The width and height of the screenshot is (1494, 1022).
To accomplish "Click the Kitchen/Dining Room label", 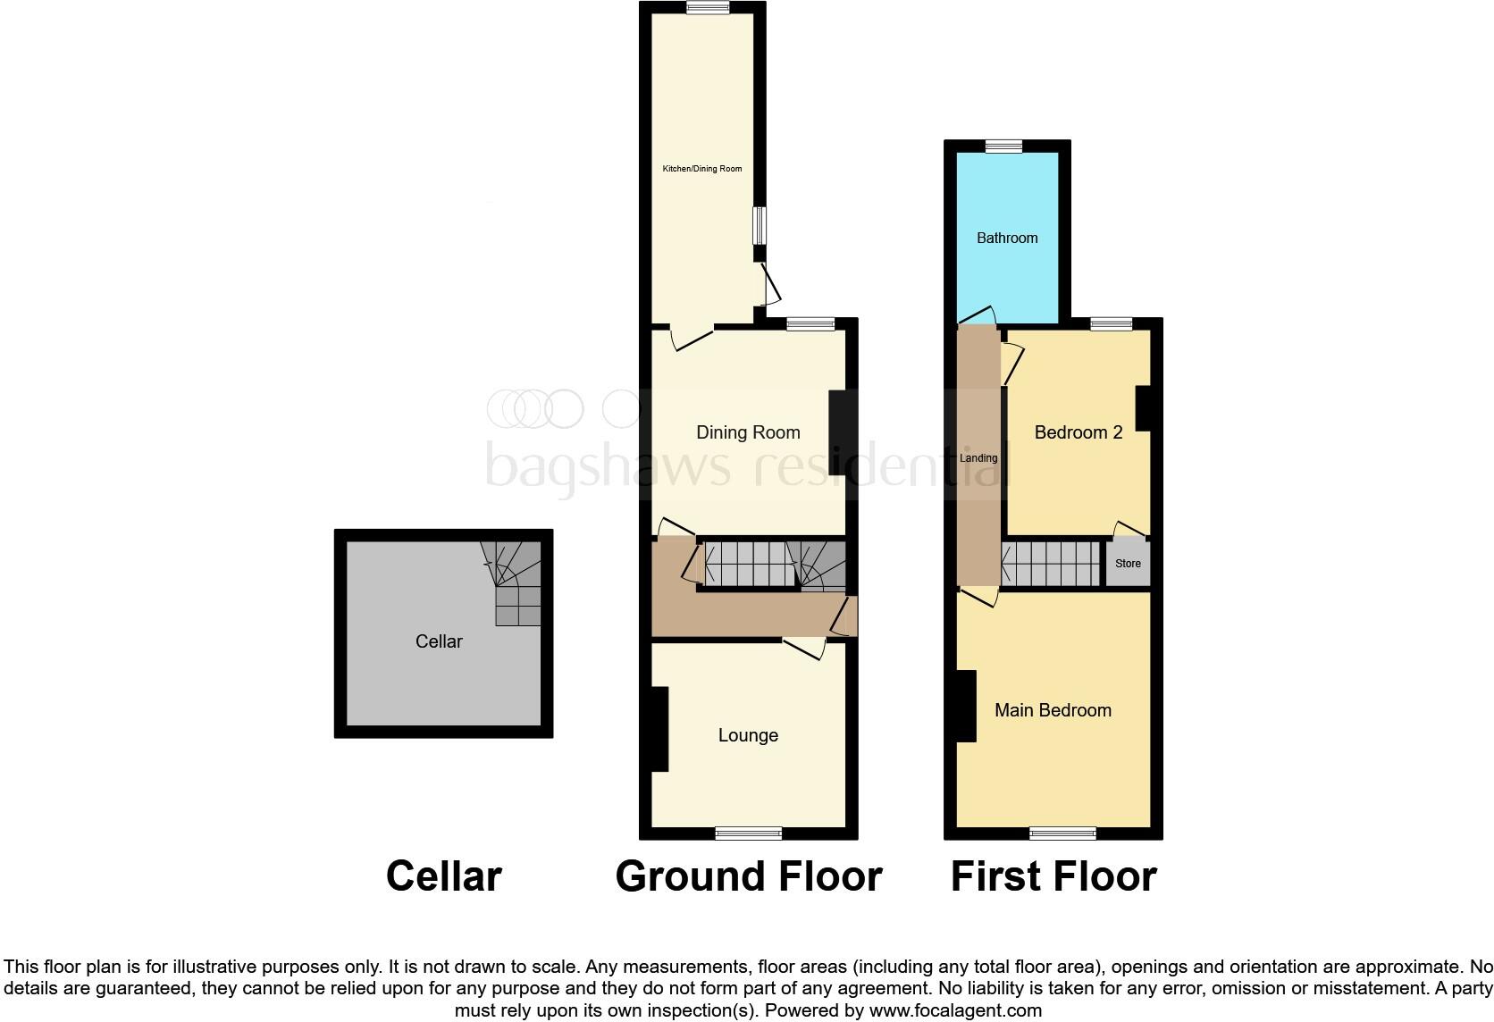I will [x=701, y=169].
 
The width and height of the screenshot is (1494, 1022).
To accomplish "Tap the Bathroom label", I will [x=1007, y=238].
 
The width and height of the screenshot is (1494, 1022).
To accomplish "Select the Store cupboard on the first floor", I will [x=1128, y=564].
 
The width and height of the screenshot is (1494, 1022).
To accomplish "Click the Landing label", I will [x=978, y=458].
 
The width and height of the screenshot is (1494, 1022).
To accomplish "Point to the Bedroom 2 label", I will [x=1078, y=432].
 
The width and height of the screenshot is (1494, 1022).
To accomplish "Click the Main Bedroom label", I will [x=1053, y=710].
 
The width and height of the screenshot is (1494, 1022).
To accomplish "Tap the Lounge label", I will [x=748, y=735].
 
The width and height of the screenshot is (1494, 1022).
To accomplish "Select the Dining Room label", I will [x=748, y=432].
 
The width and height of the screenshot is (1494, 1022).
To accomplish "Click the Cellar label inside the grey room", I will [x=439, y=641].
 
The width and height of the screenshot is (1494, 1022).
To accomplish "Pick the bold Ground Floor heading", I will [x=749, y=876].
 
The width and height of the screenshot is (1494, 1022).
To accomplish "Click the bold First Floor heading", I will [x=1053, y=876].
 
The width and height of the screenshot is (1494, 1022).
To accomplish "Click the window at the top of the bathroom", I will [x=1004, y=147].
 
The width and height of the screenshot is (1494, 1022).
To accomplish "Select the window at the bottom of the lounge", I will [x=749, y=834].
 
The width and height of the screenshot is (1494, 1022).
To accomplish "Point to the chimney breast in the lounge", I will [x=659, y=728].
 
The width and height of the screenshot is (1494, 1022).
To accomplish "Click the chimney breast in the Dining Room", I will [x=838, y=432].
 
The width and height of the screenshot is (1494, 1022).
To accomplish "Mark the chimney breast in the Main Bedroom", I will [x=966, y=706].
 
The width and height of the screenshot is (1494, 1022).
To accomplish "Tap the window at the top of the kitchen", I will [x=708, y=8].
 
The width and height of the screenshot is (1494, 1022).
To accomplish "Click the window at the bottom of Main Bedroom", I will [x=1062, y=834].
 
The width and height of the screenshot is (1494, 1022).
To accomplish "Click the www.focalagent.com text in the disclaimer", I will [x=955, y=1011].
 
